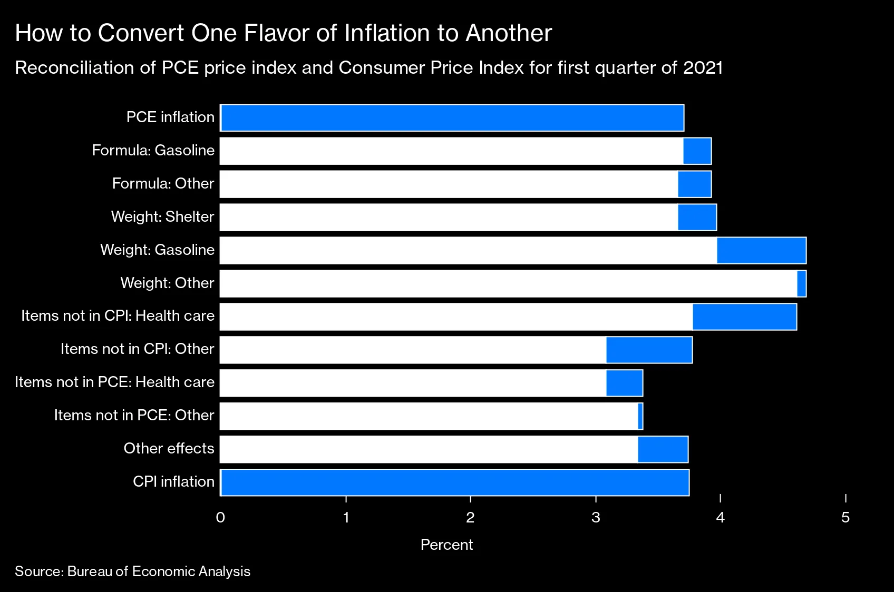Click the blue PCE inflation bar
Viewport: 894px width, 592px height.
(x=452, y=118)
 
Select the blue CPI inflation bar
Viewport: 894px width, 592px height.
(x=455, y=482)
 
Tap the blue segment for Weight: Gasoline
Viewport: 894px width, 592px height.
(x=761, y=251)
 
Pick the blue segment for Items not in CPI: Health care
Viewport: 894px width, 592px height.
(x=744, y=317)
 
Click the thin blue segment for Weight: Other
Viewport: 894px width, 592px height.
(x=802, y=284)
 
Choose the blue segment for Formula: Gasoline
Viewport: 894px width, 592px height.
(x=697, y=151)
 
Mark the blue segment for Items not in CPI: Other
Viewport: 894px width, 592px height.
(x=649, y=350)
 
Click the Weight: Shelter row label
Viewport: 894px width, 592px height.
(x=162, y=217)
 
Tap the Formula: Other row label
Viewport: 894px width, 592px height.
(x=163, y=184)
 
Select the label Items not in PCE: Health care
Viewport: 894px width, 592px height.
(x=114, y=382)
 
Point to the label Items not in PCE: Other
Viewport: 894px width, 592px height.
(x=134, y=416)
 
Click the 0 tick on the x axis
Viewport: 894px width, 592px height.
(x=220, y=518)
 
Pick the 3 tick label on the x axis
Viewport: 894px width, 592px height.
(x=596, y=518)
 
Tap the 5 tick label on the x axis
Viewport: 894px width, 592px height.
(x=846, y=518)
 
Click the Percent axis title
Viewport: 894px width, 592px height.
(x=446, y=545)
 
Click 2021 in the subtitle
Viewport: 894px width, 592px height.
(x=703, y=68)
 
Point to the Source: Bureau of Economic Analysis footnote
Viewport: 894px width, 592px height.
(x=132, y=571)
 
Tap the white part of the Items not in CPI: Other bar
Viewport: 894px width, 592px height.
(x=413, y=350)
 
